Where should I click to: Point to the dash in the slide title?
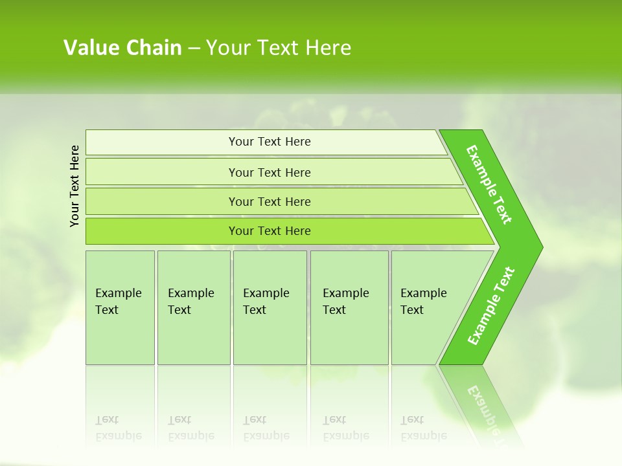(194, 48)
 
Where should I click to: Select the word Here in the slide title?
(328, 48)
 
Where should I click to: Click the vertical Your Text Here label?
(75, 186)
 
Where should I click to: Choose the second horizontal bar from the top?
(269, 172)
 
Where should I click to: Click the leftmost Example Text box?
(120, 307)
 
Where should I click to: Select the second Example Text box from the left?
(193, 307)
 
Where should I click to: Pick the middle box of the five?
(270, 307)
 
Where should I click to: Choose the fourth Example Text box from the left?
(349, 307)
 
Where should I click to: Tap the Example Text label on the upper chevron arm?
(489, 184)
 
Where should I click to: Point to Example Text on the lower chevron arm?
(491, 306)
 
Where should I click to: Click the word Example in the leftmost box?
(118, 293)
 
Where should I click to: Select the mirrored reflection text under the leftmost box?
(118, 428)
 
